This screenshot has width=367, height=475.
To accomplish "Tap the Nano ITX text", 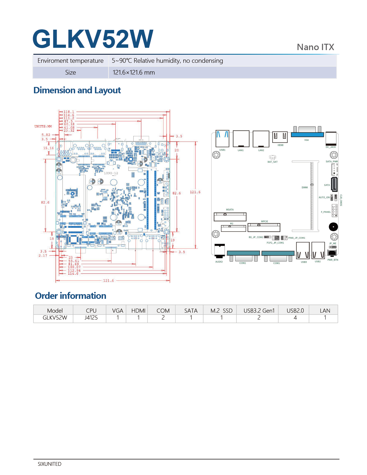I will [x=315, y=47].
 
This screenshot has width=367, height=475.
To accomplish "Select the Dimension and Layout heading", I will [x=77, y=90].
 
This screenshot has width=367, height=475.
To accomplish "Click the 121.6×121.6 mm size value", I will [x=134, y=73].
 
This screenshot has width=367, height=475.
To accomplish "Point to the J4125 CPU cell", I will [x=91, y=318].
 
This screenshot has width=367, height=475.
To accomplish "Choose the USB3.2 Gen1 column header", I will [x=259, y=311].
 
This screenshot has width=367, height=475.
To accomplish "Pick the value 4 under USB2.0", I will [x=295, y=318].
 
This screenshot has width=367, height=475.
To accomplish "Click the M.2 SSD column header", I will [x=221, y=311].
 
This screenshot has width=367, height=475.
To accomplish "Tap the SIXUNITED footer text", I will [x=50, y=464].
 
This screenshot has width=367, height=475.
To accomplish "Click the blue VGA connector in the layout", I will [x=307, y=134].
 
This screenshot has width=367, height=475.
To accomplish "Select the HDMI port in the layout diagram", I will [x=280, y=137].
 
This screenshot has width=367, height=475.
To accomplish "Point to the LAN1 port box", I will [x=241, y=139].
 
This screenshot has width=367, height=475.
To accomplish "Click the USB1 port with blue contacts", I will [x=222, y=138].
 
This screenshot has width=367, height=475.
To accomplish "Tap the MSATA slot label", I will [x=230, y=210].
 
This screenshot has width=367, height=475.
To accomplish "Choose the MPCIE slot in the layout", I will [x=264, y=227].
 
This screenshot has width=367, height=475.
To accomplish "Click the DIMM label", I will [x=305, y=187].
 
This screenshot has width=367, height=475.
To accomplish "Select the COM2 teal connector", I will [x=243, y=253].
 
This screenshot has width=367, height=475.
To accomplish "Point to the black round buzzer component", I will [x=333, y=227].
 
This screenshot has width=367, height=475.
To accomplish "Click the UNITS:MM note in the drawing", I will [x=43, y=126].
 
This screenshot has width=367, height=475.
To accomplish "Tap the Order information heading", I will [x=71, y=296].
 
